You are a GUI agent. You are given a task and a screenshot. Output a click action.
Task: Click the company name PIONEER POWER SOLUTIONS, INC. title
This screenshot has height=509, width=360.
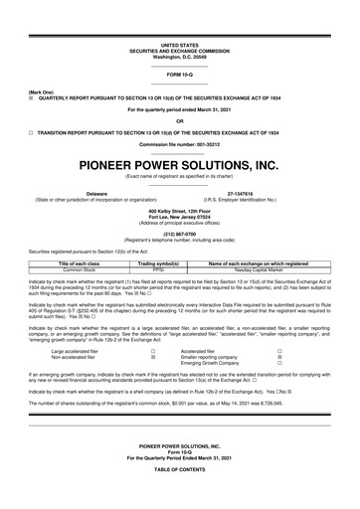[180, 165]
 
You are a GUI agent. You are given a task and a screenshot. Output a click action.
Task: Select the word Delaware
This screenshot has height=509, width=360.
[96, 193]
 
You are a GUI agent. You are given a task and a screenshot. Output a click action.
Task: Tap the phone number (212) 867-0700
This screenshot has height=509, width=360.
[180, 234]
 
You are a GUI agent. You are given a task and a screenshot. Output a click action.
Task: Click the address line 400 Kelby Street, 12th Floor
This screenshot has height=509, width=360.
[180, 211]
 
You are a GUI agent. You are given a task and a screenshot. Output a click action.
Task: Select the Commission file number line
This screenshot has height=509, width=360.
[180, 145]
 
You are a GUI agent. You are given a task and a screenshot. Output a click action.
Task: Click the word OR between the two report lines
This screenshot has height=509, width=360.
[180, 121]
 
